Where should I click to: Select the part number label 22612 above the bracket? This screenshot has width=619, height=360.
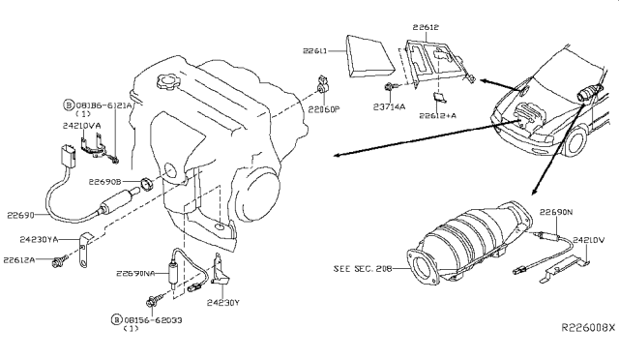426,29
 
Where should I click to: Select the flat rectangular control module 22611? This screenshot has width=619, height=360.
364,54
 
